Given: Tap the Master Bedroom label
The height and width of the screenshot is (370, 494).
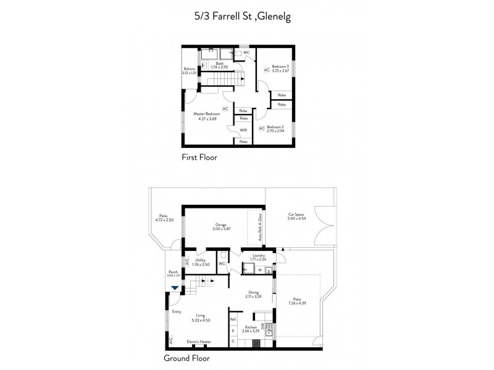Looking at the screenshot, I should click(x=207, y=114).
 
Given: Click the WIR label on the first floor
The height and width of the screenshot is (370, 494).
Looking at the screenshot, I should click(x=243, y=130).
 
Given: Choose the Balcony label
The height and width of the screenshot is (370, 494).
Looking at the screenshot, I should click(x=189, y=68).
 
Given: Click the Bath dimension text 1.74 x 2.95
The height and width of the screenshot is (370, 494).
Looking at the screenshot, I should click(x=219, y=67).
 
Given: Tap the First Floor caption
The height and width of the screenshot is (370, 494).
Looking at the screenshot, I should click(x=199, y=157).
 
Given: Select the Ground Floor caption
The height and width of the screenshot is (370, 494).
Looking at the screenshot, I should click(x=186, y=358).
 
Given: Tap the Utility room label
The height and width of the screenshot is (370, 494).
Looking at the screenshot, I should click(x=201, y=260).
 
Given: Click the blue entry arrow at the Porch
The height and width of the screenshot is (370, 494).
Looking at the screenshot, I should click(x=175, y=287).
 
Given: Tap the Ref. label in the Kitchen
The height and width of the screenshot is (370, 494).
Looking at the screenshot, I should click(x=233, y=319).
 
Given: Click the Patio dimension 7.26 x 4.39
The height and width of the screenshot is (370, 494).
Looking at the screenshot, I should click(x=297, y=303).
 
